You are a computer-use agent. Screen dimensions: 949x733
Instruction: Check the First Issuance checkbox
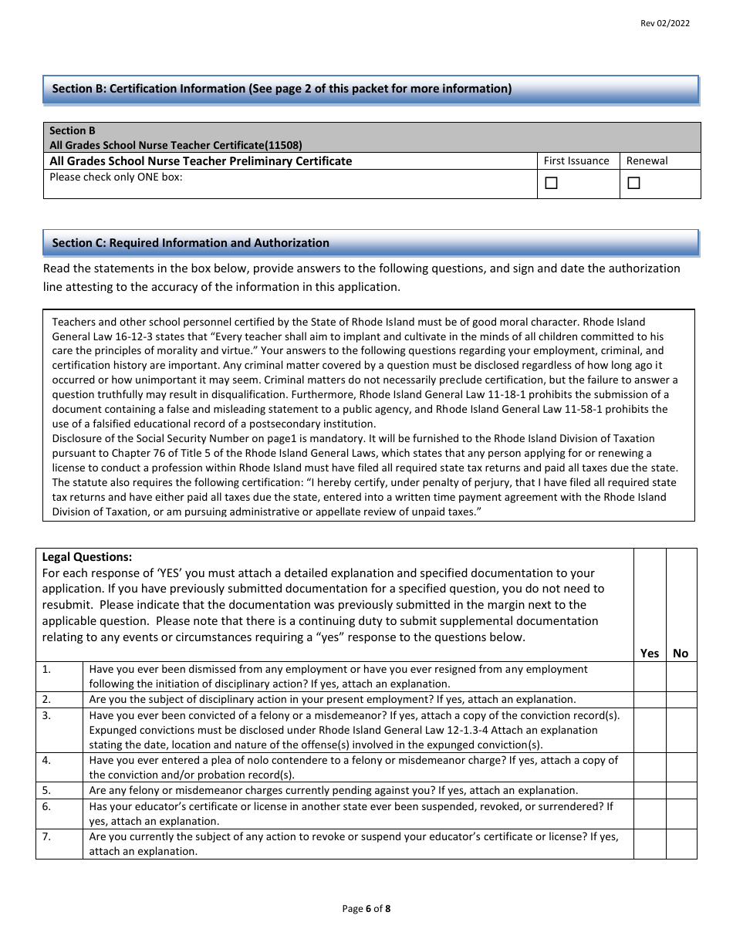[x=551, y=183]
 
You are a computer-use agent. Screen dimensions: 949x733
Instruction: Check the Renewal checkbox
[x=633, y=183]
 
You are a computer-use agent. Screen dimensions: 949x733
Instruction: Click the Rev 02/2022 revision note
[x=665, y=23]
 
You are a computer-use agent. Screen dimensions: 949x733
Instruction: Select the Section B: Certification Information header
[x=282, y=89]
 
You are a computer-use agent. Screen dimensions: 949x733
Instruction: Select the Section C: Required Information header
[x=191, y=243]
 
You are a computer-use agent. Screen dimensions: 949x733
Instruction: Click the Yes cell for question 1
[x=650, y=677]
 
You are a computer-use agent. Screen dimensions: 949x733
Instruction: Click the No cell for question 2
[x=681, y=700]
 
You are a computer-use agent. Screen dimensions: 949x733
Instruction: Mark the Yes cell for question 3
[x=650, y=730]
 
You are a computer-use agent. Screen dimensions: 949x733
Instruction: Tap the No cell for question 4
[x=681, y=768]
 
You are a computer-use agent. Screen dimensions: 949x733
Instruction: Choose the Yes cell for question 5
[x=650, y=790]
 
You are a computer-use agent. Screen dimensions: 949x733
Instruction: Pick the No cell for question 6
[x=681, y=813]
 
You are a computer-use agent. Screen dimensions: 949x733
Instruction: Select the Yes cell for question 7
[x=650, y=843]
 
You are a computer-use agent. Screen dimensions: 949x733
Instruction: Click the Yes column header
[x=650, y=653]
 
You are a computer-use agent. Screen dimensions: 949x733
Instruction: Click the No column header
[x=681, y=653]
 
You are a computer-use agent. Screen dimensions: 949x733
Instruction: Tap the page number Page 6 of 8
[x=366, y=909]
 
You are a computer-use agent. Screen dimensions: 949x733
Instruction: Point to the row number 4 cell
[x=59, y=768]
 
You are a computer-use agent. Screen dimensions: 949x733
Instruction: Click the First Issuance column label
[x=576, y=161]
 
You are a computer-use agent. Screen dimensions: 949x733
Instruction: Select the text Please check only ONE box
[x=116, y=177]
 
